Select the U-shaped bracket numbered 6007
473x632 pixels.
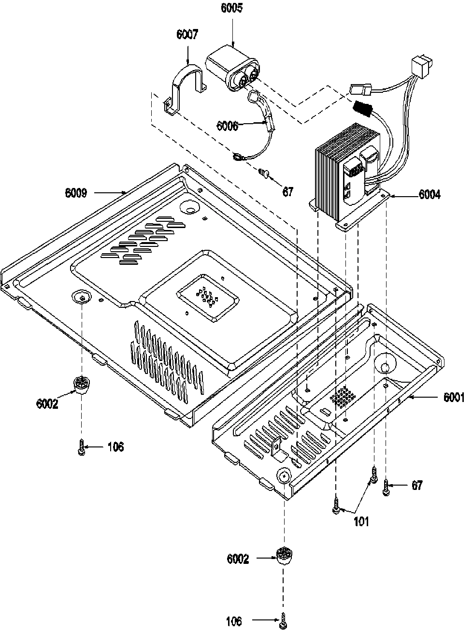186,87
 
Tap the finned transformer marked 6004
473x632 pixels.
338,174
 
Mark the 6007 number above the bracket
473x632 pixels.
187,35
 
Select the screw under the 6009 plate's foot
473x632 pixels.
81,447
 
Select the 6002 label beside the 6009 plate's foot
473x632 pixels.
47,403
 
